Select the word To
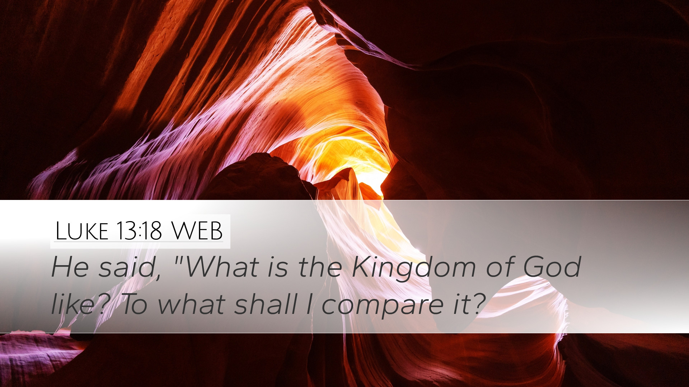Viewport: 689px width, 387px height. pos(135,304)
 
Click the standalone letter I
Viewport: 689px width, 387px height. pos(309,304)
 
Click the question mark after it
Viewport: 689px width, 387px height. pos(477,304)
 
